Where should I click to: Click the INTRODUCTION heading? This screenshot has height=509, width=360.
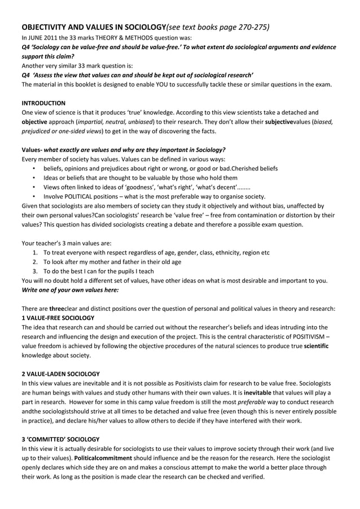pyautogui.click(x=43, y=103)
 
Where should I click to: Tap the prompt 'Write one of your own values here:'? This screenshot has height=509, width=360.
pyautogui.click(x=70, y=289)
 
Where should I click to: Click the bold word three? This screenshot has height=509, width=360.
pyautogui.click(x=56, y=308)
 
